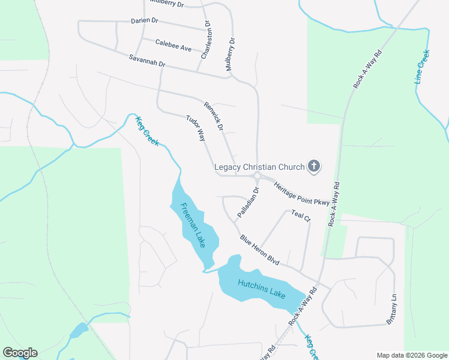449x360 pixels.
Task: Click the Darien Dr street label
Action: coord(144,20)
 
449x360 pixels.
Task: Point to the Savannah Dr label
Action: coord(146,61)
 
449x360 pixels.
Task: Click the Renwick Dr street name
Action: coord(213,116)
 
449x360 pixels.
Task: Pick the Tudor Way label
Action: coord(196,128)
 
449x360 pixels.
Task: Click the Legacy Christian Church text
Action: coord(259,167)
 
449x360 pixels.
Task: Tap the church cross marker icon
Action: coord(313,166)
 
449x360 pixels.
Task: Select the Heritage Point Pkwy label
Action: coord(302,194)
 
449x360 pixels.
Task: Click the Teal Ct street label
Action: coord(300,215)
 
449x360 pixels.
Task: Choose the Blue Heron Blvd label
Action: coord(261,250)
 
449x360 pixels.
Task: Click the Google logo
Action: coord(20,353)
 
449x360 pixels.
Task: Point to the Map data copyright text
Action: coord(412,355)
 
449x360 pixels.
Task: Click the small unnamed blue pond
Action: coord(79,330)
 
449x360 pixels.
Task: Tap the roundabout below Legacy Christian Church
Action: coord(257,176)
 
